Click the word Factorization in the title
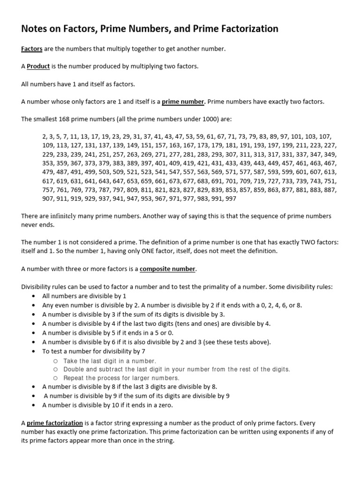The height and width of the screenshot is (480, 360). coord(247,29)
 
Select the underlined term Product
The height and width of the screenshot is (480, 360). coord(38,66)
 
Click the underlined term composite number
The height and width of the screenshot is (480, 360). coord(167,269)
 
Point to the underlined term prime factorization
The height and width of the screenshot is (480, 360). coord(54,423)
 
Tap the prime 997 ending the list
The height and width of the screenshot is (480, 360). coord(231,199)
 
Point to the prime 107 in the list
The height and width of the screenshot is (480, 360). coord(325,136)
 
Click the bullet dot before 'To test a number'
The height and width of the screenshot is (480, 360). coord(34,351)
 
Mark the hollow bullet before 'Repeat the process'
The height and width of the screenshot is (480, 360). coord(55,378)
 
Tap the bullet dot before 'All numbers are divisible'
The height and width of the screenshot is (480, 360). coord(34,296)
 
